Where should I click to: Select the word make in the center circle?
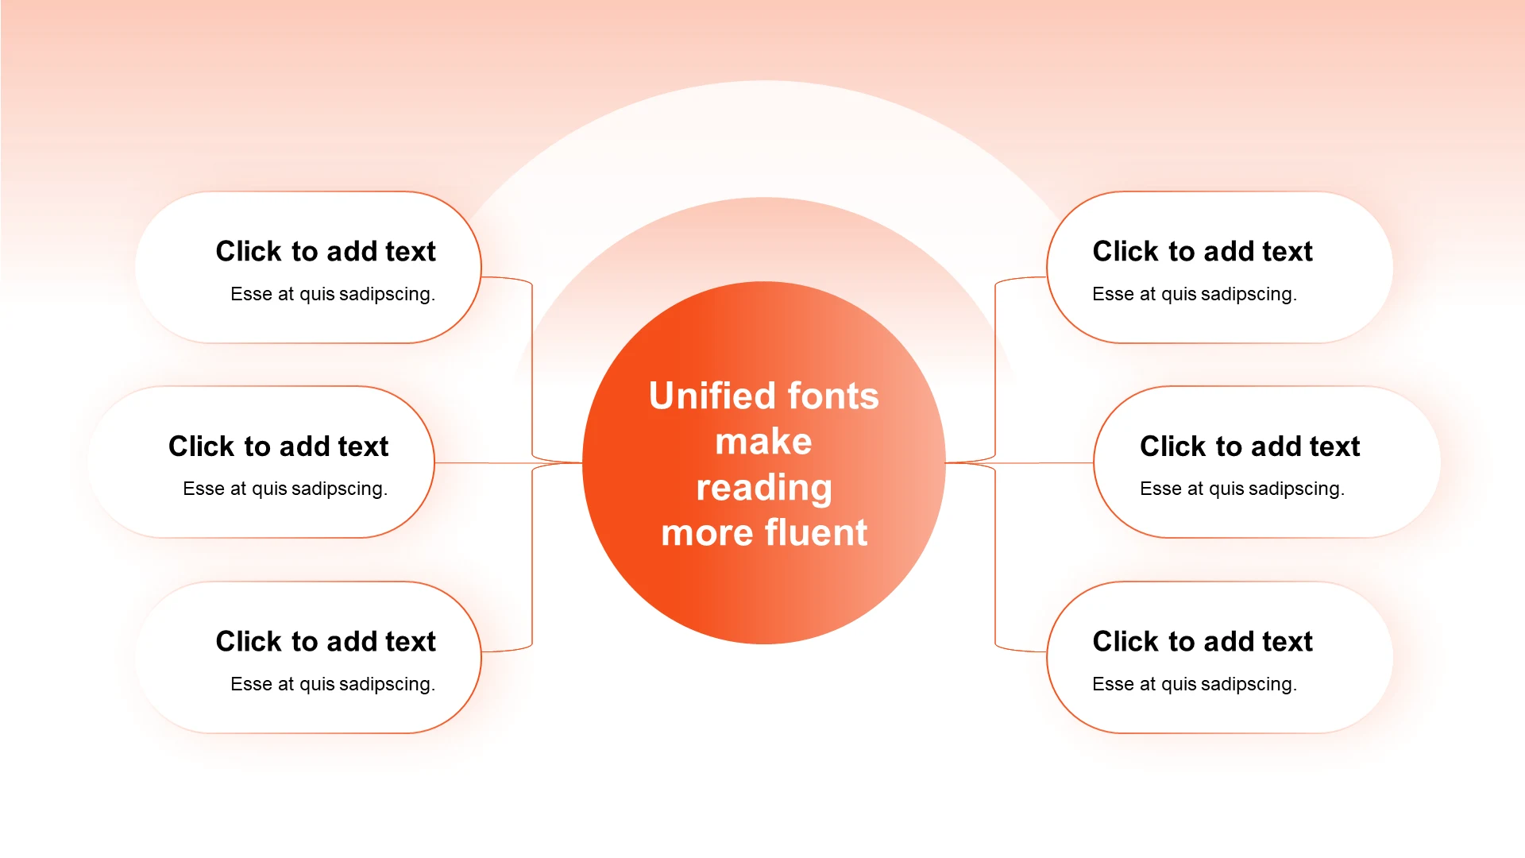pos(763,442)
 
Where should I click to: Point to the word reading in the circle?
pos(763,488)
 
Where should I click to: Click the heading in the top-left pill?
pos(326,251)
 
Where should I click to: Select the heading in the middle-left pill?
pos(278,446)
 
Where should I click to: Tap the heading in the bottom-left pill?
pos(326,641)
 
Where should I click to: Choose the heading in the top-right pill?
pos(1203,251)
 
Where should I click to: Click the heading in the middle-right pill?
pos(1249,446)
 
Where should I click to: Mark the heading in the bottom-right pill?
pos(1203,641)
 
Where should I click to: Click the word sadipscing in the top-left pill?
pos(388,295)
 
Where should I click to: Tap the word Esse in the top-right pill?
pos(1113,294)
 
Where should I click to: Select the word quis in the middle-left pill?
pos(270,489)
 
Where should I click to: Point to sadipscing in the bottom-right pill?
pos(1249,685)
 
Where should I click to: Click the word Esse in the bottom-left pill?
pos(251,684)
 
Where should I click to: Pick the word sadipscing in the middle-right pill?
pos(1296,489)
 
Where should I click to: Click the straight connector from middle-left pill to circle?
pos(485,463)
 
